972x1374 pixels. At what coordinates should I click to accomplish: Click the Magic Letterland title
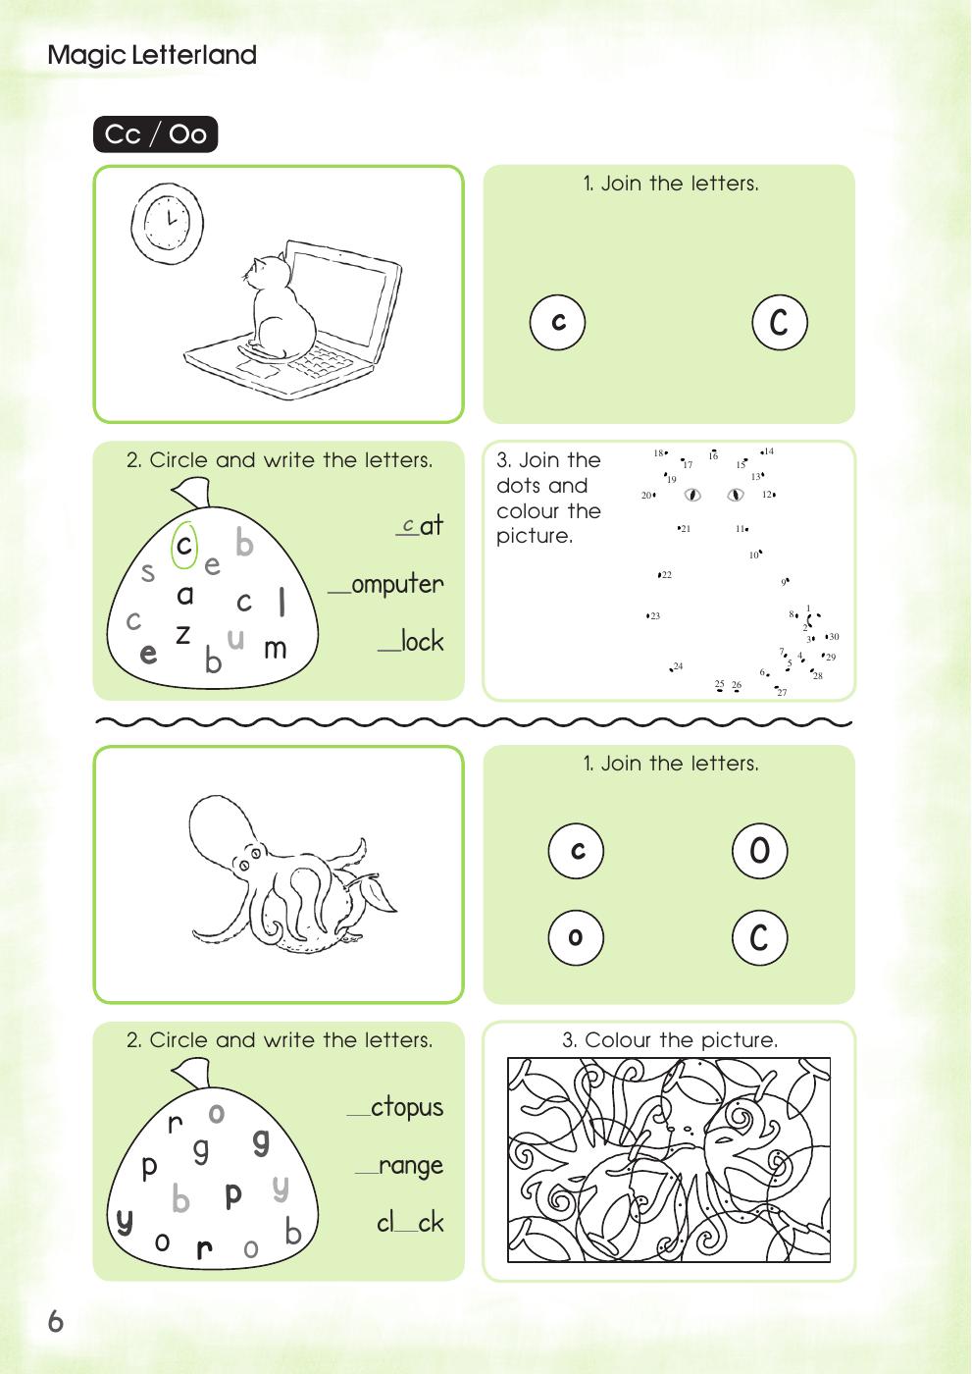coord(152,55)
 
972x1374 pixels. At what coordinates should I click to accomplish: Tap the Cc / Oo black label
coord(155,134)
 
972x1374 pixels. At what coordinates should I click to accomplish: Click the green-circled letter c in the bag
coord(183,547)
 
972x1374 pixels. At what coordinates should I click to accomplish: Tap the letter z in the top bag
coord(182,634)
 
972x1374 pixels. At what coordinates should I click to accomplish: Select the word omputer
coord(396,584)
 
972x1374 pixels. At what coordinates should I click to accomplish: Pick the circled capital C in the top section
coord(779,322)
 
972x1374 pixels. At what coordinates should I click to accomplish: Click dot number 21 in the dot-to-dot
coord(679,528)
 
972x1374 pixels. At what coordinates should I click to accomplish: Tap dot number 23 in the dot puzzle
coord(648,615)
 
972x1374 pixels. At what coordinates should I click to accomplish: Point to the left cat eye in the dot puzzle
coord(692,495)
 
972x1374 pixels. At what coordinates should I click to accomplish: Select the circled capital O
coord(759,850)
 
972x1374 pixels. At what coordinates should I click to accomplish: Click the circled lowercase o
coord(576,937)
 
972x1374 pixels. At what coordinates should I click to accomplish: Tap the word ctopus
coord(406,1107)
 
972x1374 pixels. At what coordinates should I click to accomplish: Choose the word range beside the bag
coord(410,1165)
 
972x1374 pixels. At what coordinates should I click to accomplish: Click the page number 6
coord(56,1322)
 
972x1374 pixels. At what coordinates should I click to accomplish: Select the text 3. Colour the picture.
coord(669,1040)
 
